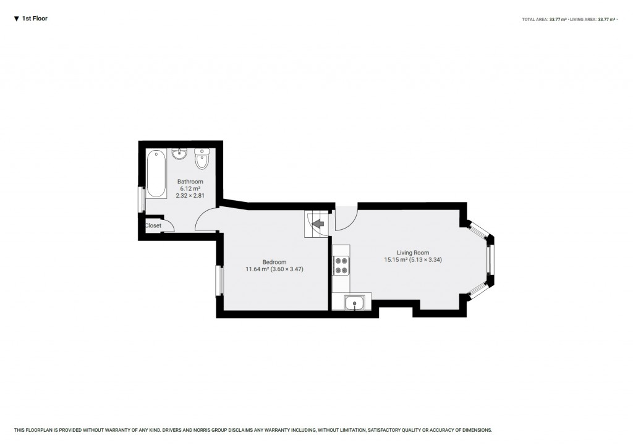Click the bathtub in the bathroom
tap(156, 174)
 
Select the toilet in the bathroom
tap(202, 159)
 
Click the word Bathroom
tap(190, 182)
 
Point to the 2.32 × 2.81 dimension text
tap(190, 195)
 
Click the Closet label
tap(153, 225)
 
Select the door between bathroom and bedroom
tap(206, 220)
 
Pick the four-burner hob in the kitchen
tap(341, 266)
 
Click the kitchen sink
tap(355, 302)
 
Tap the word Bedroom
tap(274, 262)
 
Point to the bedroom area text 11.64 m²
tap(257, 269)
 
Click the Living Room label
tap(413, 252)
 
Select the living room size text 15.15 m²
tap(394, 260)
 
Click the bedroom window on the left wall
tap(219, 281)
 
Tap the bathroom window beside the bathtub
tap(142, 200)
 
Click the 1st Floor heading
tap(35, 19)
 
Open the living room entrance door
tap(346, 219)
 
